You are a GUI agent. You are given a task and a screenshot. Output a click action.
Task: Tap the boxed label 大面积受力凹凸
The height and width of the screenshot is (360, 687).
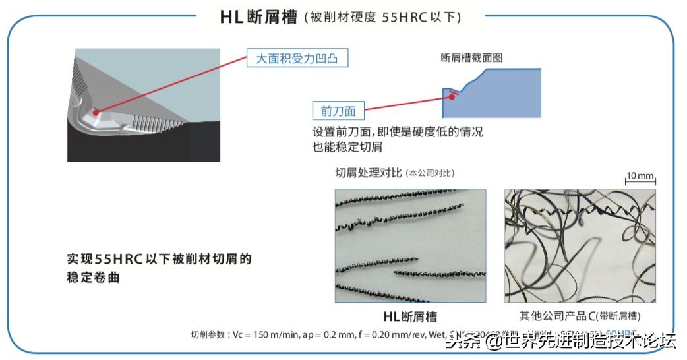point(297,59)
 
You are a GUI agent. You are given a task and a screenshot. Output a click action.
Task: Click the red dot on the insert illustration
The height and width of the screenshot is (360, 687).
point(96,113)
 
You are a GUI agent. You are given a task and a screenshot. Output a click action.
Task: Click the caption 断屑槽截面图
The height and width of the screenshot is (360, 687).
point(471,58)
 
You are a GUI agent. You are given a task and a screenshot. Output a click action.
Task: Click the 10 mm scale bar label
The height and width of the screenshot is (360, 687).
point(639,175)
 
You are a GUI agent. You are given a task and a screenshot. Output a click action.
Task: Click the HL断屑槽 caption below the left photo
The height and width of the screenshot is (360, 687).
point(410,316)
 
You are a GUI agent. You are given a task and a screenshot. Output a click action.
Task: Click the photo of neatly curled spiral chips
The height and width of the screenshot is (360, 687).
point(410,246)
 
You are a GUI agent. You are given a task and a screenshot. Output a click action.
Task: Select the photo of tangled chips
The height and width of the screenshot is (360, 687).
point(580,246)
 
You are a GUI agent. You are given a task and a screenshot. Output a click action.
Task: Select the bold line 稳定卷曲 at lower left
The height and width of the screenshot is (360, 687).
point(94,278)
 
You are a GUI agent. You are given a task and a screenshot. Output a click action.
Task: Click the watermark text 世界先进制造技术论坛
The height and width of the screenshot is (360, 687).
point(590,341)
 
